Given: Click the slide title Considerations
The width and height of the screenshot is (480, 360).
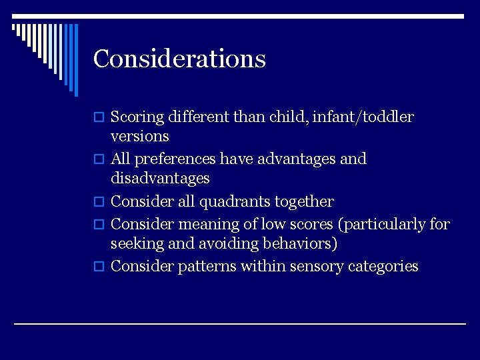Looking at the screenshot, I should (179, 59).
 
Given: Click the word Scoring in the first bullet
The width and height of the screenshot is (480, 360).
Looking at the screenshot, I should (137, 117).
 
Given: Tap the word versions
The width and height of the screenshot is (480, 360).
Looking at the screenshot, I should (139, 137).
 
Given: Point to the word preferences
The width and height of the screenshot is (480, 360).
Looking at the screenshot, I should (175, 159).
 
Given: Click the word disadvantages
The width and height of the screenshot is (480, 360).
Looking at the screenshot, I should (160, 179).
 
